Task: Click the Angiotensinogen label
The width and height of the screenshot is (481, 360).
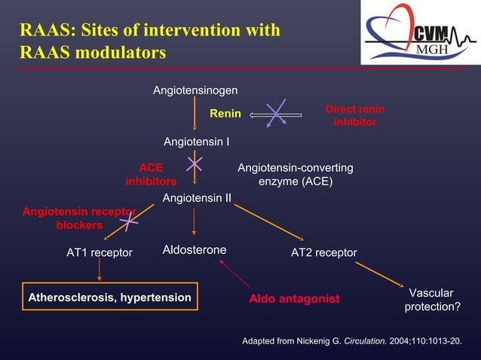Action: point(195,90)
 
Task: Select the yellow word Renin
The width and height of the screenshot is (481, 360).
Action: point(225,114)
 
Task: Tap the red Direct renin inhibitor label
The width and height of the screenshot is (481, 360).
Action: point(354,116)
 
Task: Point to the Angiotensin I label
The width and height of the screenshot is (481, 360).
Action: point(197,142)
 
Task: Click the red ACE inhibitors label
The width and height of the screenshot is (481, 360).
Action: point(151,175)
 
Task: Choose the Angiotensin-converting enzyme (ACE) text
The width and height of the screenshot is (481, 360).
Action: point(295,175)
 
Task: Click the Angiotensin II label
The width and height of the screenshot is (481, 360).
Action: point(197,198)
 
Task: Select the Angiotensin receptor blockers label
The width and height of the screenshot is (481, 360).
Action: point(79,218)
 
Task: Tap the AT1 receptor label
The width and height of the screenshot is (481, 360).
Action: point(100,252)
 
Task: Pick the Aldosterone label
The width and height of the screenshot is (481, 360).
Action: point(195,250)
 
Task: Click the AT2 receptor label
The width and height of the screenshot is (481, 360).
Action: point(323,252)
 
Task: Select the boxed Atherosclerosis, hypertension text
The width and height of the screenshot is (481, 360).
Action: point(109,297)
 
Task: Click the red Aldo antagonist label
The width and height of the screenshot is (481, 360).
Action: point(294,299)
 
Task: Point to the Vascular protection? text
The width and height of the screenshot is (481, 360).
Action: point(430,300)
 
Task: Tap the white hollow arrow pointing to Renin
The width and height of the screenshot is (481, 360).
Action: point(275,115)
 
